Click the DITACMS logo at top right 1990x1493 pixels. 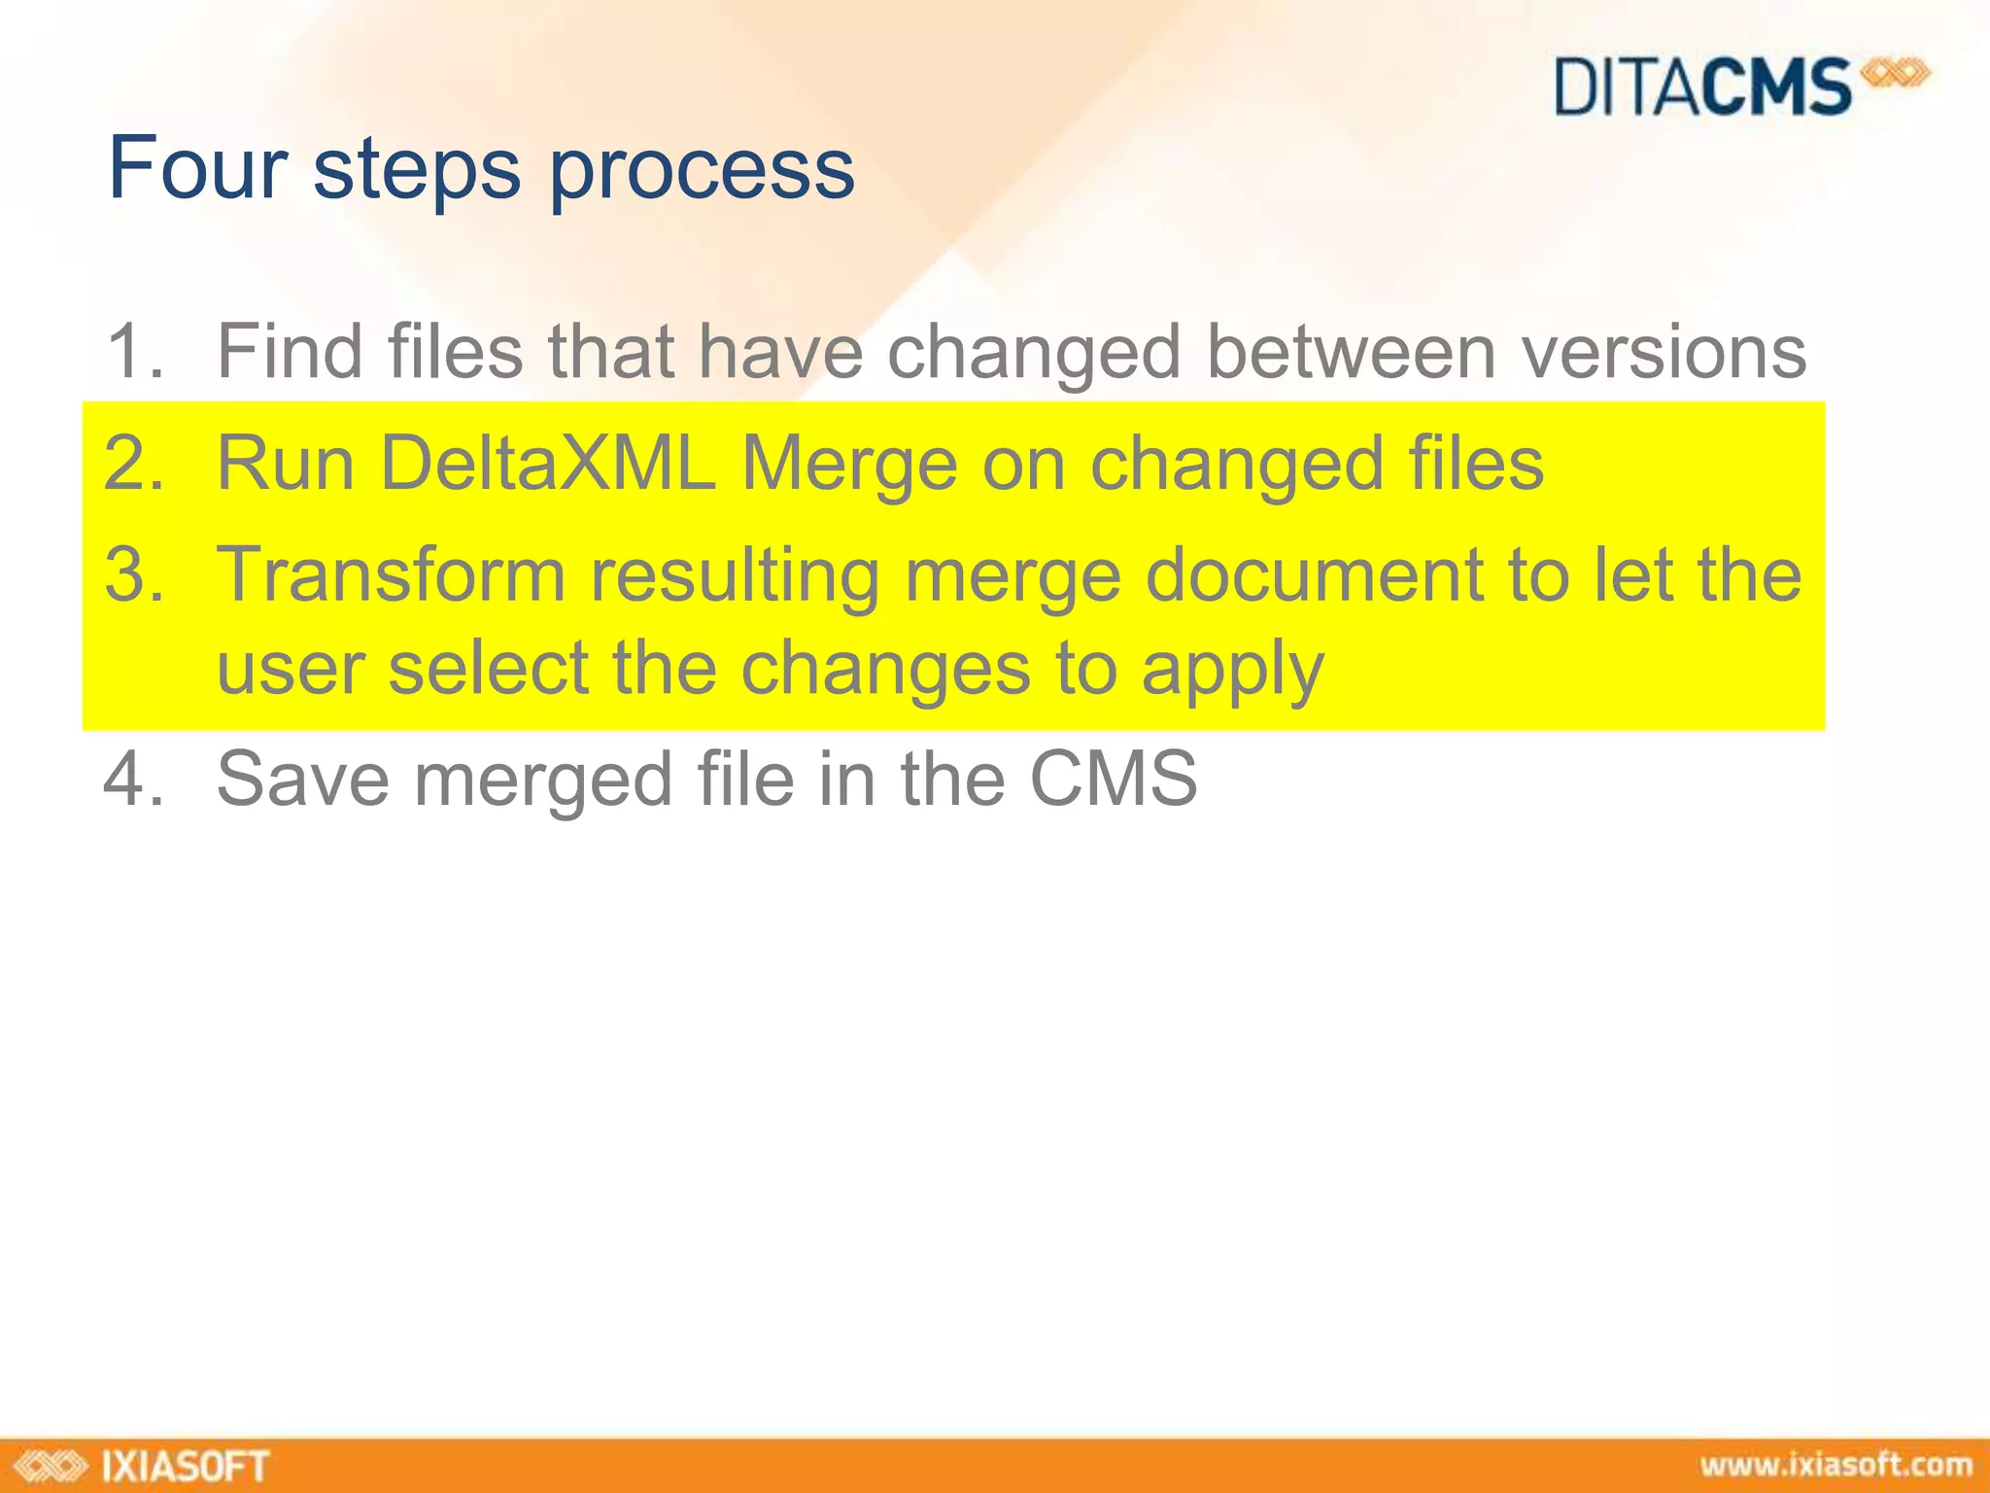(x=1739, y=87)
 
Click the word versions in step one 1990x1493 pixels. (x=1664, y=351)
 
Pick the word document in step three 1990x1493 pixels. (x=1315, y=574)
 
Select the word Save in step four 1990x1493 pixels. (x=302, y=779)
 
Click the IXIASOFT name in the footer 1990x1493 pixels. (x=185, y=1466)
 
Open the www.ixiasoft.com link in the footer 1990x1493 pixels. (x=1836, y=1466)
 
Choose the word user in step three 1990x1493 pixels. (x=291, y=670)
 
